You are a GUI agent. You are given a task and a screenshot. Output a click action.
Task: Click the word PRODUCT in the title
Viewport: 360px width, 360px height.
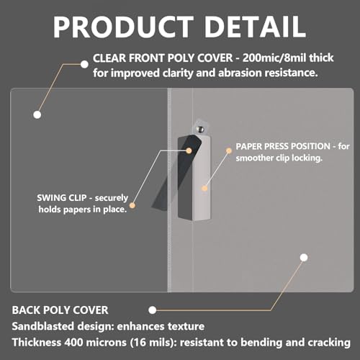(x=123, y=27)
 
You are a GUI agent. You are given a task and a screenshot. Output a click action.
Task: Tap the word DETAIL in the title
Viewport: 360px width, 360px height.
(x=255, y=27)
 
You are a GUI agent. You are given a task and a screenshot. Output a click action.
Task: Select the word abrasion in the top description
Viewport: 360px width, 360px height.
(x=240, y=73)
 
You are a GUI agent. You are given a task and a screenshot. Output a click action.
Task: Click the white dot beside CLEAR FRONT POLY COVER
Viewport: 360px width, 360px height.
(x=84, y=64)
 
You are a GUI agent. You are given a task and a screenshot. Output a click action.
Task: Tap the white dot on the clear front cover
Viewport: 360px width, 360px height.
(x=37, y=114)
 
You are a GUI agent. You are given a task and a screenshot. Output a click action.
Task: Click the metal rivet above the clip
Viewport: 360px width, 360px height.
(x=199, y=129)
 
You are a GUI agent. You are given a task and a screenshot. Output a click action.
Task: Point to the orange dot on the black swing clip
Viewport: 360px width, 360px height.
(x=189, y=150)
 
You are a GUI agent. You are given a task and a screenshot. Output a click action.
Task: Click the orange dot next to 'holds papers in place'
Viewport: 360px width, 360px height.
(x=132, y=205)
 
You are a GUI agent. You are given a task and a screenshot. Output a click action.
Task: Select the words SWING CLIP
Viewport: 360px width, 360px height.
(x=62, y=198)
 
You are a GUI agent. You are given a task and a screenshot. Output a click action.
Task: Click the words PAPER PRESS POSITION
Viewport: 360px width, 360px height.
(x=283, y=146)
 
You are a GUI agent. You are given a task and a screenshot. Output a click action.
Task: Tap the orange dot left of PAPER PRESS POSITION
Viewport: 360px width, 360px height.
(x=229, y=150)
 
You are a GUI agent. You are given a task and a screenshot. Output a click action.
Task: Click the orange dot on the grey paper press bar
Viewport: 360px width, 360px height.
(x=204, y=189)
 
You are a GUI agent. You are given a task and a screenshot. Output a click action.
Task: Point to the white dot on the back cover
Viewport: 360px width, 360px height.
(x=304, y=258)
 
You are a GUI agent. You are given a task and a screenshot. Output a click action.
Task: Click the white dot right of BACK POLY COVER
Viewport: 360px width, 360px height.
(x=153, y=310)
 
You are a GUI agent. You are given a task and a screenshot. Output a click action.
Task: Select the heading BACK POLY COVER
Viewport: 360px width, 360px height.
(x=60, y=310)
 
